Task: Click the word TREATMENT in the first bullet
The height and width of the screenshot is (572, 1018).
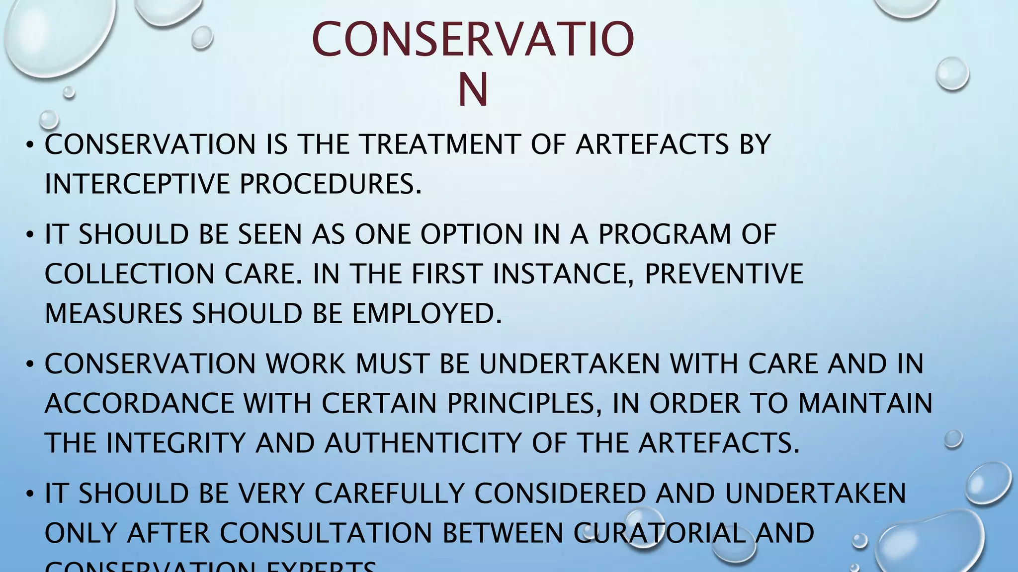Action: click(439, 144)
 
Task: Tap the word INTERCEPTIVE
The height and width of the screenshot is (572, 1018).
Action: click(137, 184)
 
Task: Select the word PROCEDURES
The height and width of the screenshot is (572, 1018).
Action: click(330, 184)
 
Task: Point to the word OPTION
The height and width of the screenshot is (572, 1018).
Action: click(472, 234)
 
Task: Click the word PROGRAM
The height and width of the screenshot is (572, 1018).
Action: click(665, 234)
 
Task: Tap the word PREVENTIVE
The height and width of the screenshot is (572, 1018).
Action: click(724, 274)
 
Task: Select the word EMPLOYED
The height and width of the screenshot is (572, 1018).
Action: click(426, 314)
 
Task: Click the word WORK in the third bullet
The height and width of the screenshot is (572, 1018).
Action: click(305, 364)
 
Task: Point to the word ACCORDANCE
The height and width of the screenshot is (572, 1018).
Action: click(139, 403)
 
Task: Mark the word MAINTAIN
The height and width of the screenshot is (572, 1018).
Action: click(865, 403)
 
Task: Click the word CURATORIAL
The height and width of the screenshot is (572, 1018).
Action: click(659, 533)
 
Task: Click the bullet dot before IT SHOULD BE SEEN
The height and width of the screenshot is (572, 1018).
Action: click(30, 234)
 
